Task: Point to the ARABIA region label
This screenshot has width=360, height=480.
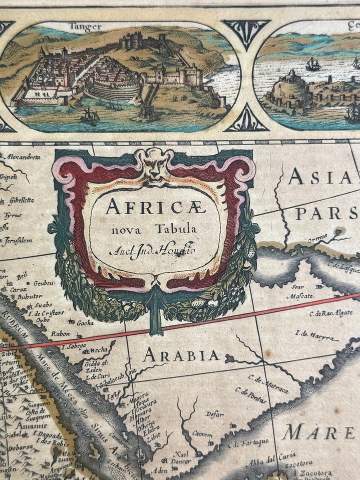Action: pyautogui.click(x=181, y=356)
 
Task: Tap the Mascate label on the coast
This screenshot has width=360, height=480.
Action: pyautogui.click(x=300, y=295)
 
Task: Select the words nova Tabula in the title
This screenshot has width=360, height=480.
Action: pyautogui.click(x=154, y=229)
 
